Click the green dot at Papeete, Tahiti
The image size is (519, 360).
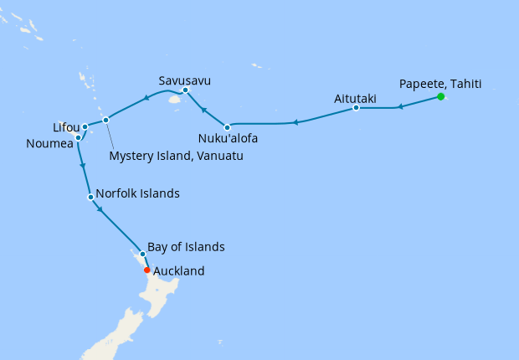tap(441, 97)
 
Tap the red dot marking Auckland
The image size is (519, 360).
tap(147, 270)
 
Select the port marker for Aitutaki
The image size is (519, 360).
tap(357, 108)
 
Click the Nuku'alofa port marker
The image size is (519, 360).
tap(227, 126)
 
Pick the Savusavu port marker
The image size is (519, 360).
tap(185, 90)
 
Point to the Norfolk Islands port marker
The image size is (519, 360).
tap(90, 198)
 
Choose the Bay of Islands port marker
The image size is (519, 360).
tap(142, 254)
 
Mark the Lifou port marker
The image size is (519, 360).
tap(85, 127)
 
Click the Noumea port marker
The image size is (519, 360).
tap(78, 137)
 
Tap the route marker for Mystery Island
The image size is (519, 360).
tap(105, 121)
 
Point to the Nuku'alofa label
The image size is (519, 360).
tap(229, 139)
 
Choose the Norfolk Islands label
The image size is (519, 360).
tap(137, 193)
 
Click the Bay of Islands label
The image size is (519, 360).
tap(186, 248)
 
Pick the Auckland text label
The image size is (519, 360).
tap(179, 271)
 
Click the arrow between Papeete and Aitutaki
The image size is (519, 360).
tap(400, 106)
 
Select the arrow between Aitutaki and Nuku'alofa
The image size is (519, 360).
tap(295, 123)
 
